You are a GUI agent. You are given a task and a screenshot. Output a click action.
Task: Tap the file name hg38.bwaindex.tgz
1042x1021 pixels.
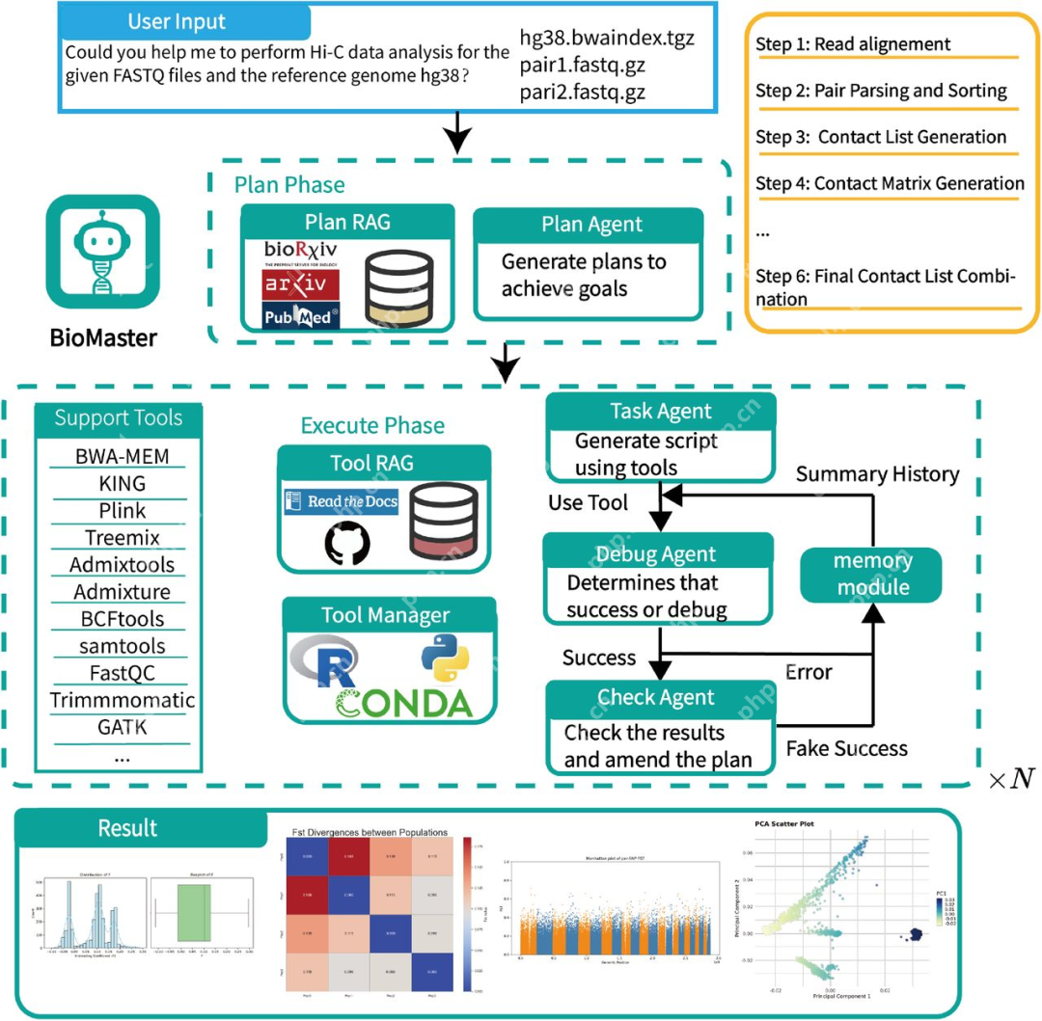(606, 40)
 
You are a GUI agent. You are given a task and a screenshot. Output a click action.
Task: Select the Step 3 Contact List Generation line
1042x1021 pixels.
(882, 137)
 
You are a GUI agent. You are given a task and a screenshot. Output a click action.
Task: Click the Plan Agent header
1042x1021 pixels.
(592, 225)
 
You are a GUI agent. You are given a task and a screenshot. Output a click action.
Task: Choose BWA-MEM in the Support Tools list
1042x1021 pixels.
(122, 456)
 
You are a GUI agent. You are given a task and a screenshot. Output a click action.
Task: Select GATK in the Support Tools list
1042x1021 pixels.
(122, 726)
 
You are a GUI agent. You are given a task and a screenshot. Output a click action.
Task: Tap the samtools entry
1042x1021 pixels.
(122, 645)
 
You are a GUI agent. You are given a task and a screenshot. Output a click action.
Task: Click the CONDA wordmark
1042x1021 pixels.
(404, 703)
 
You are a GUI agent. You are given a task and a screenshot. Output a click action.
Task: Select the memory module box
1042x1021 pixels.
(872, 574)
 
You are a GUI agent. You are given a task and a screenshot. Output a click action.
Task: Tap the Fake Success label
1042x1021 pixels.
(847, 747)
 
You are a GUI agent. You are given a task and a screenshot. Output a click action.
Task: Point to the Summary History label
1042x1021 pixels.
(877, 474)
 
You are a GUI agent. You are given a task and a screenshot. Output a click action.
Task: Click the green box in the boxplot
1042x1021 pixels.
(202, 910)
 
